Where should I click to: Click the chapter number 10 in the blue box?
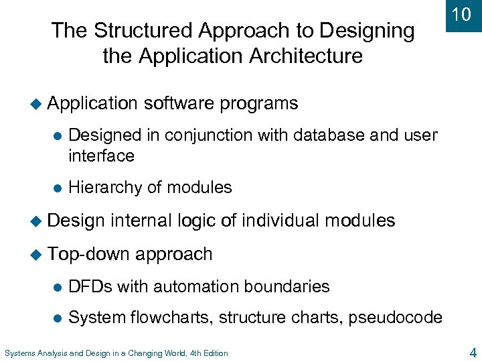(x=462, y=15)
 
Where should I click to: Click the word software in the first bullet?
(x=179, y=103)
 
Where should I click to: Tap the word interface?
(x=101, y=156)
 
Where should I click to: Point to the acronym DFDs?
(x=90, y=287)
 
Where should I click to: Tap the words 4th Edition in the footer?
(x=209, y=353)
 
